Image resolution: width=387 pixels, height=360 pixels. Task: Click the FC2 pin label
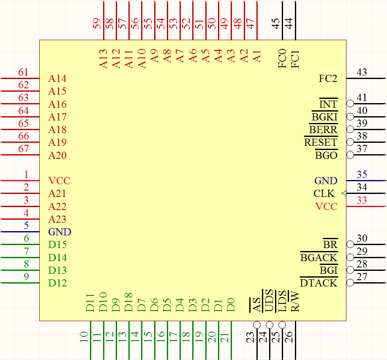[x=328, y=79]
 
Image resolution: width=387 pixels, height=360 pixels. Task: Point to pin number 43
[x=362, y=72]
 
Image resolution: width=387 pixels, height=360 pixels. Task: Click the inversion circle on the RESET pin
[x=350, y=142]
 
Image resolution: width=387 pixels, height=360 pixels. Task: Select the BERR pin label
[x=323, y=130]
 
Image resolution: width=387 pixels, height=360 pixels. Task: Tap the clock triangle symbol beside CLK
[x=343, y=194]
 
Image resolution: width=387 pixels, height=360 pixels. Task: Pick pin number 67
[x=24, y=149]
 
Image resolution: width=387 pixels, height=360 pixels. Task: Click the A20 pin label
[x=57, y=155]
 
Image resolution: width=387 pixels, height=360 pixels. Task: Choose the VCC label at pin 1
[x=59, y=181]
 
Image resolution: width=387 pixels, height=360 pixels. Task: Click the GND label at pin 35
[x=326, y=181]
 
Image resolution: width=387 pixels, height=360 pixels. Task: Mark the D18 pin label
[x=129, y=302]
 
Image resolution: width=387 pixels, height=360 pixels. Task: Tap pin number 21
[x=225, y=337]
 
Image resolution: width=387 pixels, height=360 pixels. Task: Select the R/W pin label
[x=295, y=302]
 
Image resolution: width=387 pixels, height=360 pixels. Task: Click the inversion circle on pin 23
[x=256, y=325]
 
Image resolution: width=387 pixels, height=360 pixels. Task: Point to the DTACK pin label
[x=319, y=283]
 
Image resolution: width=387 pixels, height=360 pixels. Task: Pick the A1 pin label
[x=257, y=56]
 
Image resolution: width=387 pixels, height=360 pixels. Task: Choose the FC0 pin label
[x=282, y=58]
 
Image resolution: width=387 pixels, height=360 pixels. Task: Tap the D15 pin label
[x=57, y=245]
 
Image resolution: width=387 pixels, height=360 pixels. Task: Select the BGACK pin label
[x=319, y=257]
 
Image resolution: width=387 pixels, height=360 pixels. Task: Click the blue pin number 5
[x=26, y=226]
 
